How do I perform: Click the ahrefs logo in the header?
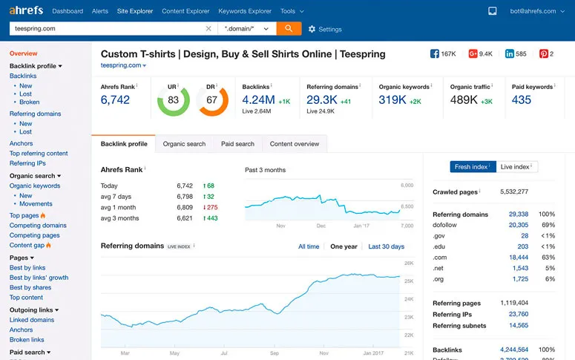coord(26,10)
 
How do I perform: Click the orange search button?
coord(289,28)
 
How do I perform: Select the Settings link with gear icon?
coord(325,29)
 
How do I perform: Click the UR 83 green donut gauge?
coord(174,100)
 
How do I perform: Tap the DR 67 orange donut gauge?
coord(212,100)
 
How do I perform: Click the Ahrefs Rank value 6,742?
coord(115,100)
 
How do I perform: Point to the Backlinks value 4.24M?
coord(259,100)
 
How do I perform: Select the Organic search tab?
coord(184,144)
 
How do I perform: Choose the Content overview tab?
coord(295,144)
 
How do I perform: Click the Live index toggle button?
coord(516,167)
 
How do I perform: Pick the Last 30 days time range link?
coord(386,246)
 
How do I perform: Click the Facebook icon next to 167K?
coord(435,54)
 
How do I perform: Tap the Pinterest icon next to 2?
coord(543,54)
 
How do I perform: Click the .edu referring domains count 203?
coord(522,246)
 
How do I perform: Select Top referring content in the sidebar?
coord(39,154)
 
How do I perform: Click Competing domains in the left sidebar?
coord(38,226)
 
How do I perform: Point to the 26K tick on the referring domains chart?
coord(408,264)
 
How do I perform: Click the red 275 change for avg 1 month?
coord(211,208)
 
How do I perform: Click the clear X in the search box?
coord(208,28)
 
